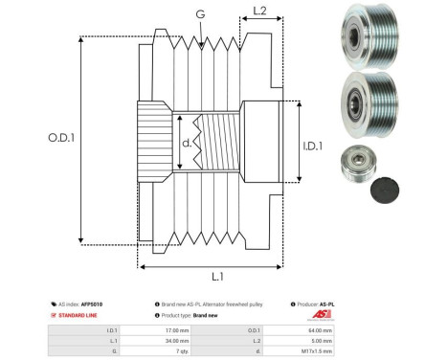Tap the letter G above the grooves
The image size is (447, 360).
click(199, 14)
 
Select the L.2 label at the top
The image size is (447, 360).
click(257, 13)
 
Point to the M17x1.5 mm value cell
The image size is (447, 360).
click(316, 350)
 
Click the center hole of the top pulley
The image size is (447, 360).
click(353, 35)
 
